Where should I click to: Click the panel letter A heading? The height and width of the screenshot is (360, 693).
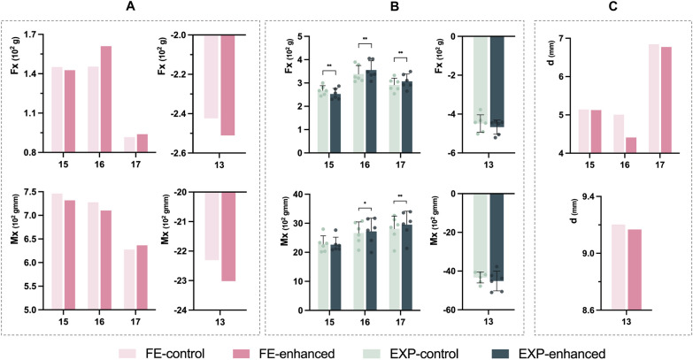tap(130, 6)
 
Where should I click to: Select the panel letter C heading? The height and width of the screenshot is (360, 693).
tap(613, 6)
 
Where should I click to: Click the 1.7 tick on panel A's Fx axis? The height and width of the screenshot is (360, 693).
tap(34, 34)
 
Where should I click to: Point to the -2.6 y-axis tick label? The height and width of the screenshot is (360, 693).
tap(179, 153)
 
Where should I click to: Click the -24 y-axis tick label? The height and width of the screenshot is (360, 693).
tap(181, 310)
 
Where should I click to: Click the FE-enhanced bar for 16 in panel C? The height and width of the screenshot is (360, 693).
tap(631, 145)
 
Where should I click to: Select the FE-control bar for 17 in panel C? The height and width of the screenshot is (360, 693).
tap(654, 98)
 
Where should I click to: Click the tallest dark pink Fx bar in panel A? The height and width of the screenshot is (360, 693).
tap(105, 99)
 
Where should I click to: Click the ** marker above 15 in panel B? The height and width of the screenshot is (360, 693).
tap(329, 65)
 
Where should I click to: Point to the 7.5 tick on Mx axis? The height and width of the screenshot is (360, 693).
tap(34, 192)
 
